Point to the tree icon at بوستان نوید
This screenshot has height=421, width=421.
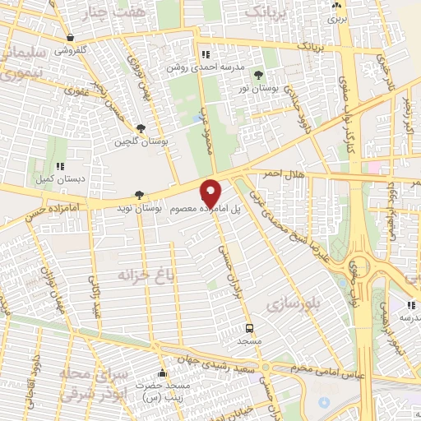click(138, 196)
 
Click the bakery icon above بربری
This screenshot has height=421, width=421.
click(335, 3)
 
